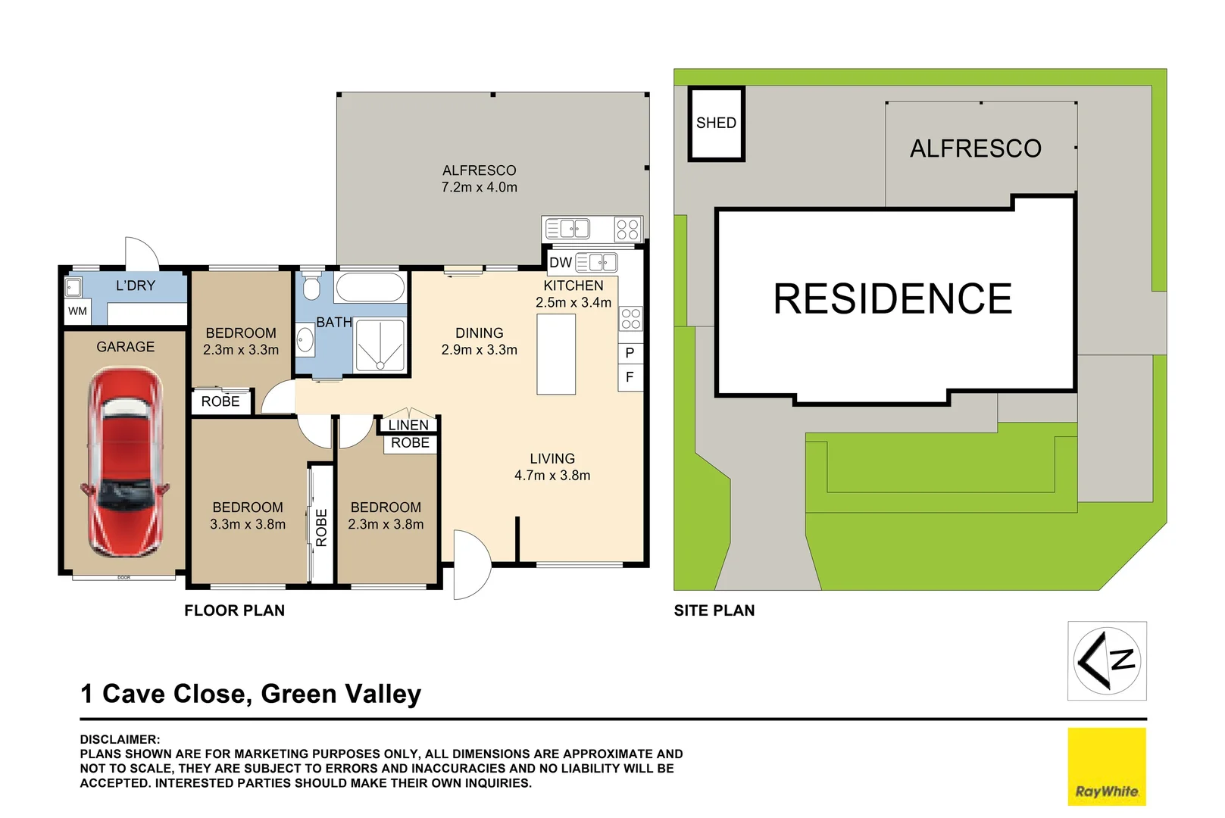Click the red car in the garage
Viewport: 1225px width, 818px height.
125,462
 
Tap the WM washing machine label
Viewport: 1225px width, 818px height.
77,311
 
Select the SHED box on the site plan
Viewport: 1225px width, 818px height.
716,123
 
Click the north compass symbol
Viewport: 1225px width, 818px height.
1107,660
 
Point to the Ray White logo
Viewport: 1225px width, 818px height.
1106,766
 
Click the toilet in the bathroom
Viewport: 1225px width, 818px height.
311,286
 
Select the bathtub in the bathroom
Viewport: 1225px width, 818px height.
370,288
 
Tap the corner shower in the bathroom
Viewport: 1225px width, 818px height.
380,345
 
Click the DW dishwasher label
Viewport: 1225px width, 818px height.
560,263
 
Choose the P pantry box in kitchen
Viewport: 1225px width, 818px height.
630,353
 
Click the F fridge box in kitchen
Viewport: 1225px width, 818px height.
630,377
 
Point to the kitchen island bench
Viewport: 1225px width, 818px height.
556,354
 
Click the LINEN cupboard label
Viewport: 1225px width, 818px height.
408,426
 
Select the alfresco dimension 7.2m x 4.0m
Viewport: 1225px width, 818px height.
479,187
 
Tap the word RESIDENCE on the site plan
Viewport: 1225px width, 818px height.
892,298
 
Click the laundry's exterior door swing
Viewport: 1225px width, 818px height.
142,254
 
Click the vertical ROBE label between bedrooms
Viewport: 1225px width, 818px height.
321,527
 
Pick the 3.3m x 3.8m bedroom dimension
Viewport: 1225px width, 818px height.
248,524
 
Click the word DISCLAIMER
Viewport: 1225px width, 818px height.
120,739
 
